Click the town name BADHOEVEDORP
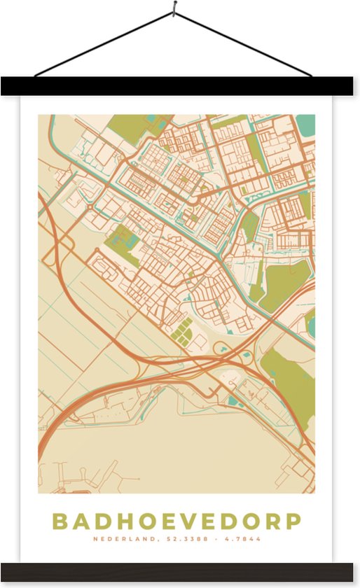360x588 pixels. tap(176, 521)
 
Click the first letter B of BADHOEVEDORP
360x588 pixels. tap(60, 521)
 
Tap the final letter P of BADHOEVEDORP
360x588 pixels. tap(294, 521)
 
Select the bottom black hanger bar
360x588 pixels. tap(180, 572)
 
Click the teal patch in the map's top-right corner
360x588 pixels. tap(305, 126)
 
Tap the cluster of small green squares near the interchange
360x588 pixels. tap(181, 331)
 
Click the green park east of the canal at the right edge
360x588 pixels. tap(286, 283)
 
